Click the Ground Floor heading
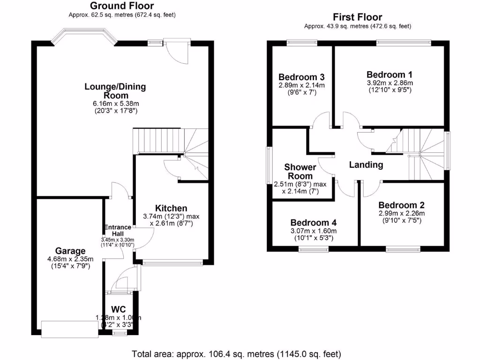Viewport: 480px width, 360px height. [121, 6]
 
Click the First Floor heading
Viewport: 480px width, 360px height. [358, 17]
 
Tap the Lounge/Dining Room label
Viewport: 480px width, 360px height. [115, 91]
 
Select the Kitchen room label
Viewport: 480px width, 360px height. [171, 208]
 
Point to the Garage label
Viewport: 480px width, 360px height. [70, 251]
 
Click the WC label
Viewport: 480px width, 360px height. [118, 309]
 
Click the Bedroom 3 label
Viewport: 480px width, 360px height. [301, 77]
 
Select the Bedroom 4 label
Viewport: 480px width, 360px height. [313, 223]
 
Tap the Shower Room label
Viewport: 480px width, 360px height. [300, 172]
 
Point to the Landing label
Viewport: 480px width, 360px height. [366, 165]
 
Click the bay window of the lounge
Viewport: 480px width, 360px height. [83, 36]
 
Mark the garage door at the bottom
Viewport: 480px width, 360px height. [68, 328]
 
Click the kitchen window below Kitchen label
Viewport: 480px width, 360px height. [173, 263]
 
